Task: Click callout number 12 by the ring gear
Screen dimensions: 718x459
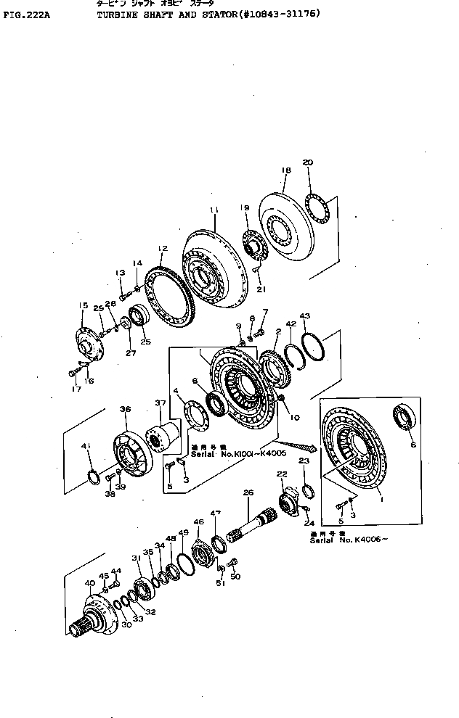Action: [163, 248]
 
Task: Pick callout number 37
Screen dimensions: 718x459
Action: [160, 403]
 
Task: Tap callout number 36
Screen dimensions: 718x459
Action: [125, 410]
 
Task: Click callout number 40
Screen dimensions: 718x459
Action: [89, 583]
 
